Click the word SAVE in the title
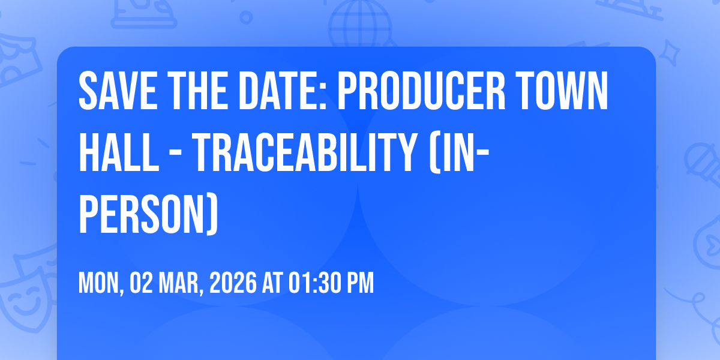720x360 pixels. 118,91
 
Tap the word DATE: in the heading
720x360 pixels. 282,91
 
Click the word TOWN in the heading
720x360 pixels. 563,91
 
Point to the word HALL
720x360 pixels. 119,152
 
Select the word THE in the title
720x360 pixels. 197,91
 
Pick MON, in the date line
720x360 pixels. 101,283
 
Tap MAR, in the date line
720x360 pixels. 181,283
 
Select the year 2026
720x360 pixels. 233,283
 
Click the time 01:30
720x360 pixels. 314,283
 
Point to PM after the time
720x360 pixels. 361,283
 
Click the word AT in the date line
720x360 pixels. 272,283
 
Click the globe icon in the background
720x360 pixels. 360,24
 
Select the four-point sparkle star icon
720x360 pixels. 669,53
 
